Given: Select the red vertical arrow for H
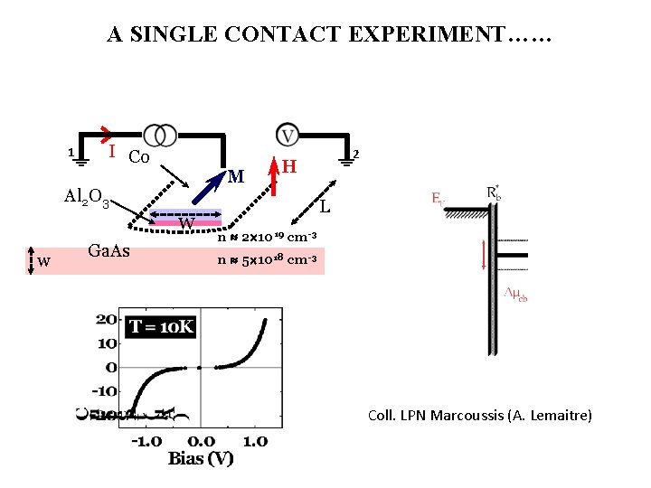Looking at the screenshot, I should click(275, 176).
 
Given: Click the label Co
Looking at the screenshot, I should click(138, 157).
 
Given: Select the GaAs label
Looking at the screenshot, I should click(110, 251).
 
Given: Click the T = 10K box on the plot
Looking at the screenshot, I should click(161, 326).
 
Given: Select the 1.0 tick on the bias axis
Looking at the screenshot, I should click(256, 441).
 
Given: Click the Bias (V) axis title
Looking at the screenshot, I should click(200, 459).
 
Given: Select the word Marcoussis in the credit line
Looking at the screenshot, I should click(465, 416).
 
